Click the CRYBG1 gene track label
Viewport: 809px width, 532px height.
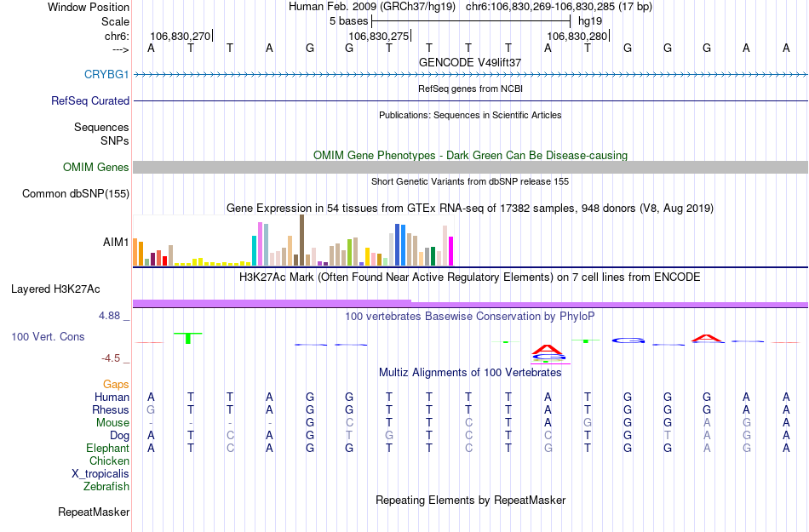coord(106,75)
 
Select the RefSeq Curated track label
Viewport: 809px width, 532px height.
coord(90,100)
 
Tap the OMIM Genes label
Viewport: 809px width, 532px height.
coord(96,168)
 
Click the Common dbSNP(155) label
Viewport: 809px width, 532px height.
coord(76,194)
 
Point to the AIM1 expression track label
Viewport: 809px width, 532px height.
coord(116,242)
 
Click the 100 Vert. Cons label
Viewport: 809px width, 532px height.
coord(48,337)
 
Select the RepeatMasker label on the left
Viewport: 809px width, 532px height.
coord(94,512)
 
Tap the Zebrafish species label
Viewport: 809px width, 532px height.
coord(106,487)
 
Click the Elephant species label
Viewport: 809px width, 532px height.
coord(107,449)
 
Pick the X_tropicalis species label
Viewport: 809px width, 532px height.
coord(100,474)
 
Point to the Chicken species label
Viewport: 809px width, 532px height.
coord(109,461)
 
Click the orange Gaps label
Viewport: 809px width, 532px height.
coord(116,385)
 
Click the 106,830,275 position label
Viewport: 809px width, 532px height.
coord(378,37)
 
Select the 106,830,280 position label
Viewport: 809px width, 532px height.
coord(577,37)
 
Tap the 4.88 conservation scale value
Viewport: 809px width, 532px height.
coord(111,316)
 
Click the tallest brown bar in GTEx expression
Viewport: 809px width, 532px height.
coord(301,240)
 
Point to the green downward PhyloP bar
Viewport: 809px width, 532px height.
coord(188,338)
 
